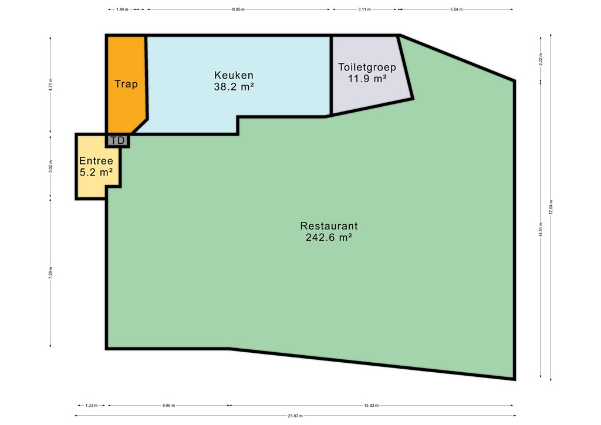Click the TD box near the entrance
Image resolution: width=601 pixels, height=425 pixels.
pyautogui.click(x=117, y=141)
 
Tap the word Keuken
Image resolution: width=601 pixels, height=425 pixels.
pyautogui.click(x=234, y=75)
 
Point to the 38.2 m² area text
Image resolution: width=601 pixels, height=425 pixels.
pyautogui.click(x=234, y=87)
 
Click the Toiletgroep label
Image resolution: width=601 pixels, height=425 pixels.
pyautogui.click(x=367, y=68)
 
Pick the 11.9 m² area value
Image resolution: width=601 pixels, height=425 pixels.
pyautogui.click(x=367, y=79)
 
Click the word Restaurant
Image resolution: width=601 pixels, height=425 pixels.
pyautogui.click(x=329, y=226)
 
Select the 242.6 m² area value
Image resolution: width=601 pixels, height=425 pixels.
pyautogui.click(x=329, y=238)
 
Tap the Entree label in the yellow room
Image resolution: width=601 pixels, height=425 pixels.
pyautogui.click(x=96, y=161)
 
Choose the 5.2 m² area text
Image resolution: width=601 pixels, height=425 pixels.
pyautogui.click(x=96, y=173)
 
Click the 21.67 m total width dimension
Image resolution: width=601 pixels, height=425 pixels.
pyautogui.click(x=296, y=416)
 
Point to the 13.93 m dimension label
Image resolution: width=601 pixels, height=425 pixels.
pyautogui.click(x=372, y=405)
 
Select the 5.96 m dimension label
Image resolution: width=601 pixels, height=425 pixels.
pyautogui.click(x=168, y=405)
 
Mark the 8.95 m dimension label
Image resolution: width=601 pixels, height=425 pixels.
pyautogui.click(x=238, y=9)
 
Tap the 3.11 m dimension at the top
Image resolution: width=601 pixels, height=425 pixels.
pyautogui.click(x=364, y=9)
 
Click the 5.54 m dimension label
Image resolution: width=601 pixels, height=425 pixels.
pyautogui.click(x=457, y=9)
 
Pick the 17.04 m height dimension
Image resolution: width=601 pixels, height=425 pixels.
pyautogui.click(x=551, y=207)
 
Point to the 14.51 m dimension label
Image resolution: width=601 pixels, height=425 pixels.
pyautogui.click(x=541, y=229)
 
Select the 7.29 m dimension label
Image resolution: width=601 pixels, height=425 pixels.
pyautogui.click(x=50, y=273)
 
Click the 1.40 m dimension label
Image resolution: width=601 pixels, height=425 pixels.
pyautogui.click(x=122, y=9)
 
